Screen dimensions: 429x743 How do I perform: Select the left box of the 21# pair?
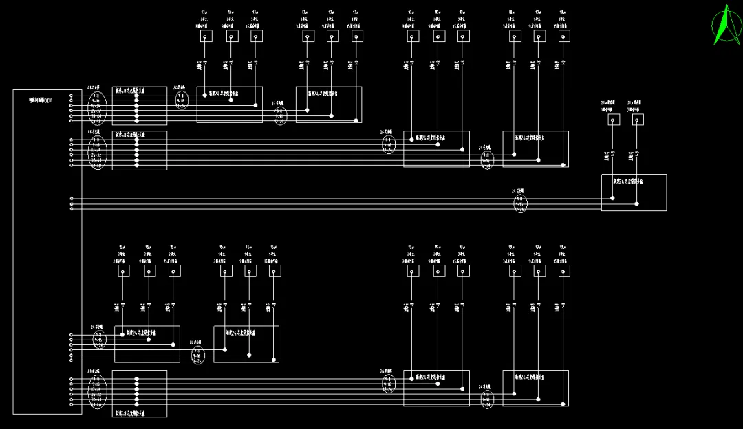coord(613,120)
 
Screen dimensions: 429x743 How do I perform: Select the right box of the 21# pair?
coord(638,120)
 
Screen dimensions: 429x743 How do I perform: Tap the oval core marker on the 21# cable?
coord(521,203)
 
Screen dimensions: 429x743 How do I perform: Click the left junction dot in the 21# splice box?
coord(613,199)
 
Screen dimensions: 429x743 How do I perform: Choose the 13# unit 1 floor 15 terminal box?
coord(356,36)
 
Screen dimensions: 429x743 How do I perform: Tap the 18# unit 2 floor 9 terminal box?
coord(438,36)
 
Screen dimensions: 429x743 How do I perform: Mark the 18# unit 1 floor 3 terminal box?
coord(513,36)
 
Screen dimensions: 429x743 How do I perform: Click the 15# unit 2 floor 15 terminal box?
coord(174,271)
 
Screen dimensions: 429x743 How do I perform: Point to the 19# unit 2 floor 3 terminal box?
coord(412,271)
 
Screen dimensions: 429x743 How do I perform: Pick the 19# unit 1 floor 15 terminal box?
coord(563,271)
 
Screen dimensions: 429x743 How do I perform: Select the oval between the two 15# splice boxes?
coord(198,355)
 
